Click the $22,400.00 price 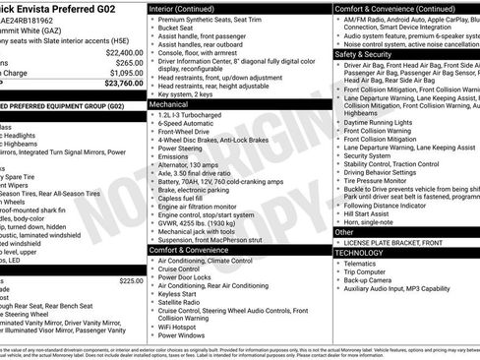(124, 51)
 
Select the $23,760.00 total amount (124, 83)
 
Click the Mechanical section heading (169, 102)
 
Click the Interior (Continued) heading (189, 8)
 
